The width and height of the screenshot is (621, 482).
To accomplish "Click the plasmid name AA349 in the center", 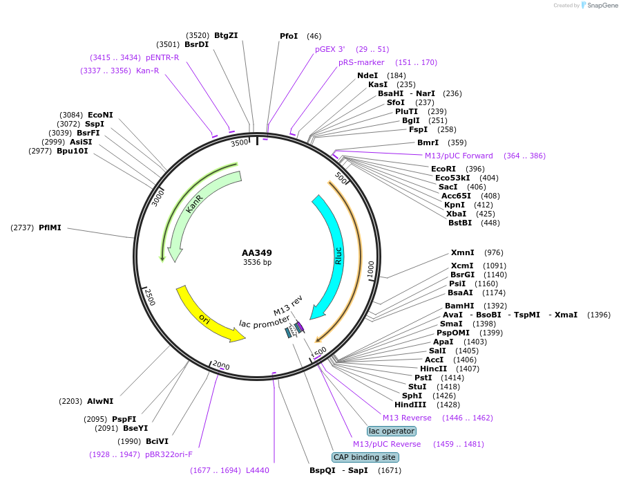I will (x=257, y=252).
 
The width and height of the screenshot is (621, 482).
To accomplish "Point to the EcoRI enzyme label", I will (x=443, y=169).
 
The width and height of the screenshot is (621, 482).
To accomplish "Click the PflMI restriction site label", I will (x=50, y=227).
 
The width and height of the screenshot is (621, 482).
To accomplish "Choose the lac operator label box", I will (x=392, y=431).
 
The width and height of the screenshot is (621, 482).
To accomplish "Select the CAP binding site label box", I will (x=365, y=457).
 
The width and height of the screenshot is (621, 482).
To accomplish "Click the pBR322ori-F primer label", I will (x=169, y=454).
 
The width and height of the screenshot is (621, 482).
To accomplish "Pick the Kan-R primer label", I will (x=147, y=71).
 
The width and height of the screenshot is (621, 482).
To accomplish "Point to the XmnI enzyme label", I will (x=462, y=252).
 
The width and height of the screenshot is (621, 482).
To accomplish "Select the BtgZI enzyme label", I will (x=226, y=35).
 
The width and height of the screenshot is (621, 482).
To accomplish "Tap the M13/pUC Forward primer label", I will (x=459, y=156).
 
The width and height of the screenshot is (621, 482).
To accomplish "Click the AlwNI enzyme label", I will (x=100, y=401).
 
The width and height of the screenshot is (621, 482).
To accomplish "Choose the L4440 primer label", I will (x=257, y=470).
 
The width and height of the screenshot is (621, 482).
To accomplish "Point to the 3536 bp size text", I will (x=257, y=263).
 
